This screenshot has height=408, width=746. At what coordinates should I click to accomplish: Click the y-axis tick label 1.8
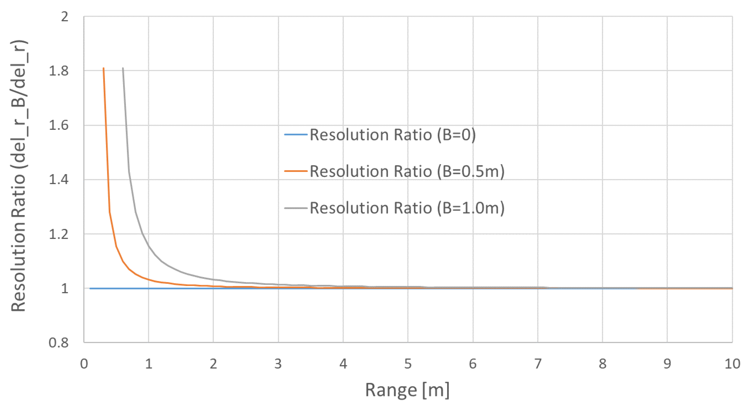(59, 71)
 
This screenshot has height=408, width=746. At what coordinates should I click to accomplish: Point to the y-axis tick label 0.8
(59, 343)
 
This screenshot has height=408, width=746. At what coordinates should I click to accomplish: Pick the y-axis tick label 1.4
(59, 180)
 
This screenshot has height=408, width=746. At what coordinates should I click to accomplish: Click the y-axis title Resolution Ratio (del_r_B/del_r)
(19, 176)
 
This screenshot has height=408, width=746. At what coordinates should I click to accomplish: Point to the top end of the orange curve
(103, 68)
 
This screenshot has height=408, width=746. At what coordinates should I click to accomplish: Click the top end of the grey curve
(123, 68)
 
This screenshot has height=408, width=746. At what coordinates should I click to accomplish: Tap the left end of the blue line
(90, 288)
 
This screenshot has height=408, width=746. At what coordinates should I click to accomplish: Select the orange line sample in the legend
(295, 171)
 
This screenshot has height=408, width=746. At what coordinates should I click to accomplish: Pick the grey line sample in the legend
(295, 208)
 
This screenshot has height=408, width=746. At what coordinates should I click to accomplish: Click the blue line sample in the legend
(295, 135)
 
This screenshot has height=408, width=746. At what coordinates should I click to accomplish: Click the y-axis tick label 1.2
(59, 234)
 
